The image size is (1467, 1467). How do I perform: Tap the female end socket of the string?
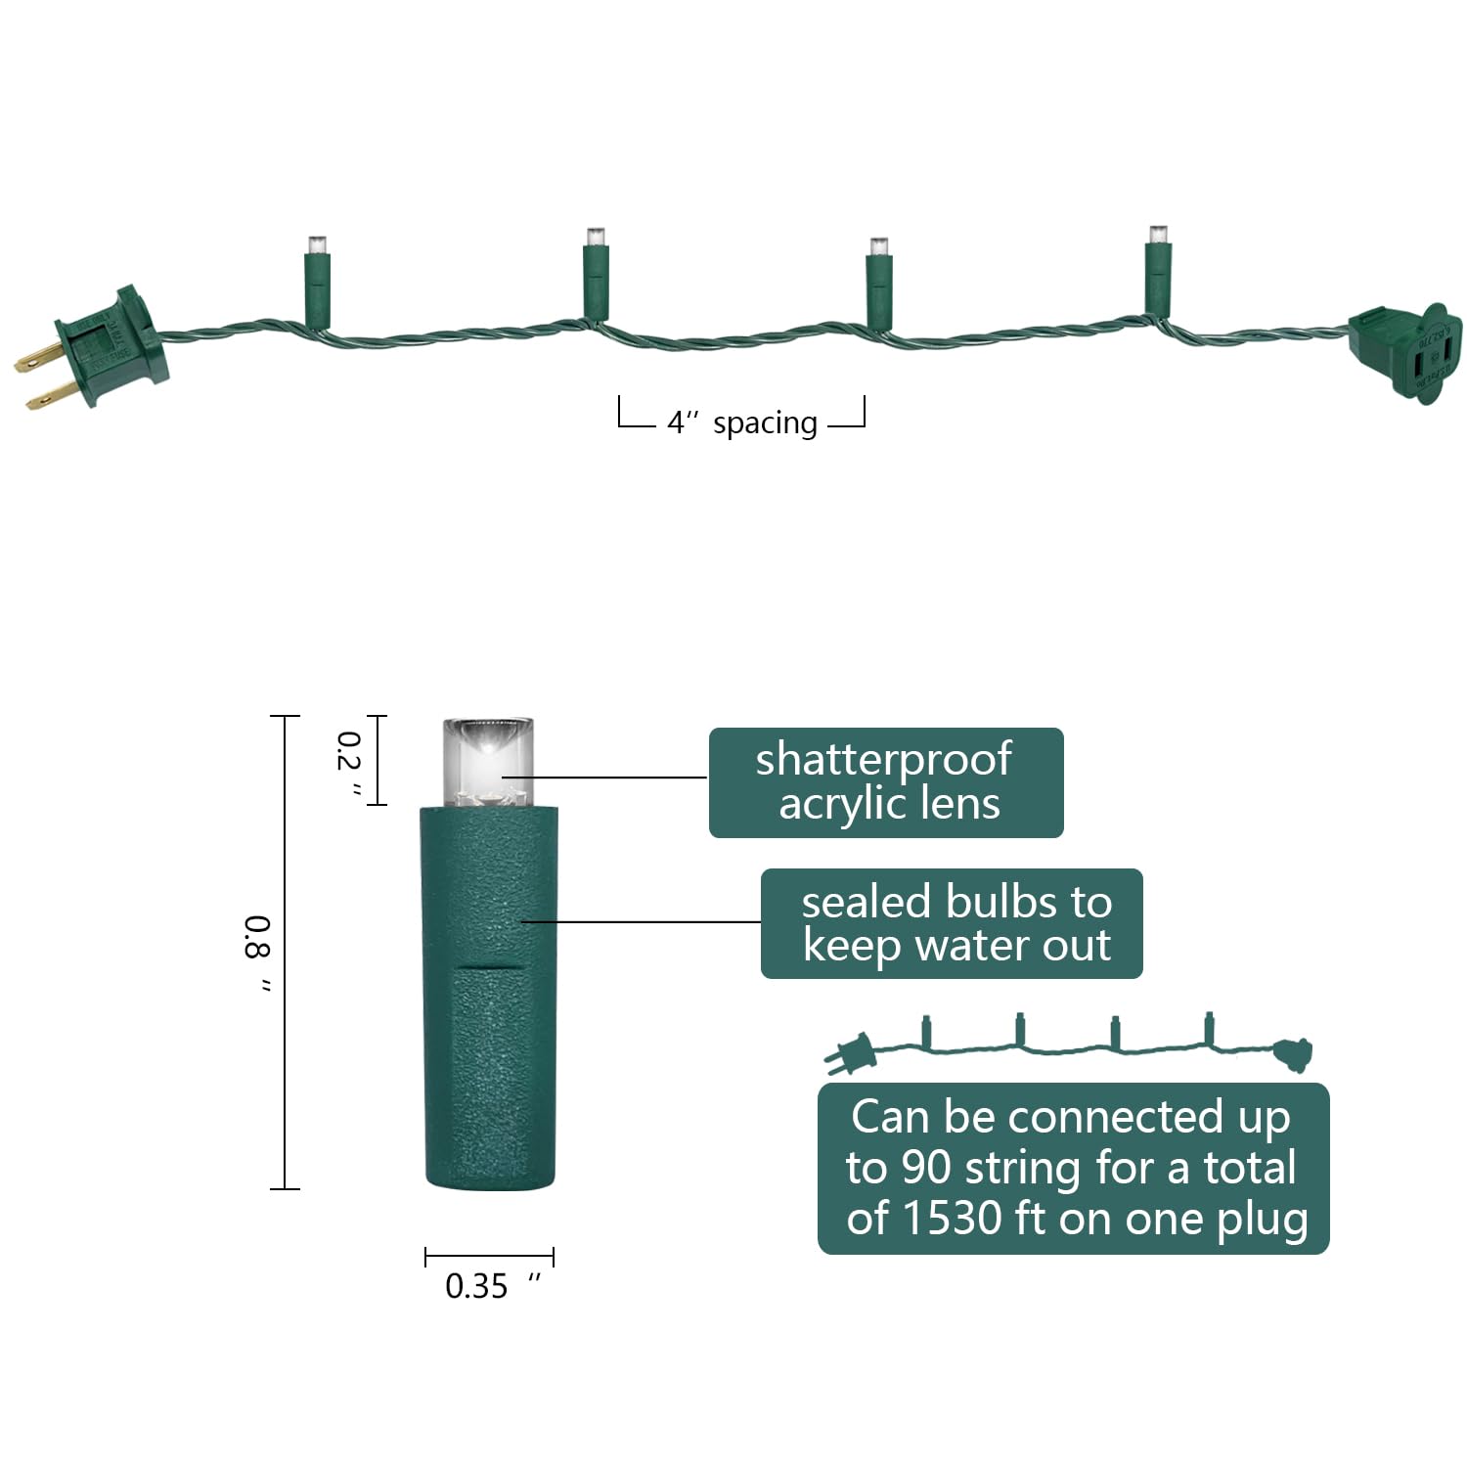coord(1405,353)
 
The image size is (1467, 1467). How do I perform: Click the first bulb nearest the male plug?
coord(317,282)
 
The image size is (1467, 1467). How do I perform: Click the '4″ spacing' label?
coord(742,422)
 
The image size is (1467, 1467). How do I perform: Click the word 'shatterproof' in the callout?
coord(883,760)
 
